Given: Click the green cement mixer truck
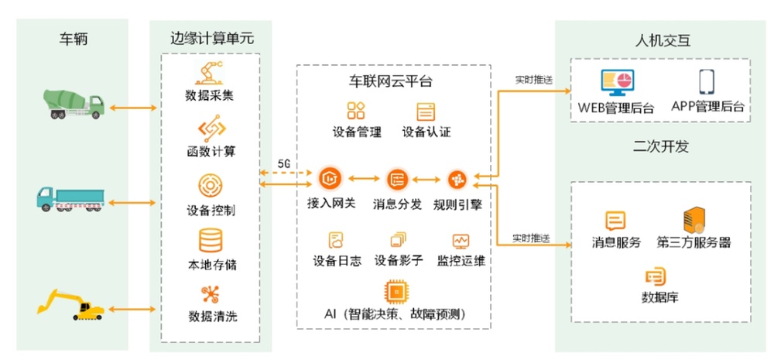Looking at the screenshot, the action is (x=74, y=105).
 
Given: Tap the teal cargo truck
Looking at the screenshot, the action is (x=70, y=199).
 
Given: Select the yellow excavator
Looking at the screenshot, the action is (x=71, y=305).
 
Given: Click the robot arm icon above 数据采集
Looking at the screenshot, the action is (x=209, y=73).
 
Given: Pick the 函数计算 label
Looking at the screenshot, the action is (x=211, y=151).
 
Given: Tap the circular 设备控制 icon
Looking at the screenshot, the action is (x=211, y=186).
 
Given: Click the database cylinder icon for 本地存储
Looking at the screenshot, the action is (x=211, y=241).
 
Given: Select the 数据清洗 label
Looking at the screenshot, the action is (x=213, y=316).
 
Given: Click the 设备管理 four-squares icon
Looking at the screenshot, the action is (x=356, y=111).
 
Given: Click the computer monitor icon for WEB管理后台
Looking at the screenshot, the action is (x=617, y=83).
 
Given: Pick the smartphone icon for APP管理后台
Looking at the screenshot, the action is (x=707, y=82).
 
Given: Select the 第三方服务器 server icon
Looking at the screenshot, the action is (x=694, y=220).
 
